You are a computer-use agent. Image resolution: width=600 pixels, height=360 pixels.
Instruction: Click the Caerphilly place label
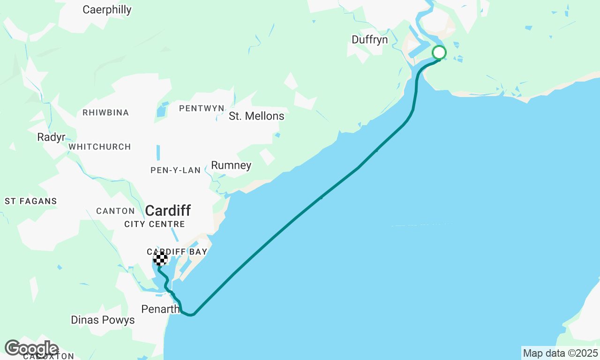107,10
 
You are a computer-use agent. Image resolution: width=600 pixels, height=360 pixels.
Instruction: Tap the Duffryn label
370,40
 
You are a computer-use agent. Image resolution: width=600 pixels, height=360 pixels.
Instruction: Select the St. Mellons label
256,116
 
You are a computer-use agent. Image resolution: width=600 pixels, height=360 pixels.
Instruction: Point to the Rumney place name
231,165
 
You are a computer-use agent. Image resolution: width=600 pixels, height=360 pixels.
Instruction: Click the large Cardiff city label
168,210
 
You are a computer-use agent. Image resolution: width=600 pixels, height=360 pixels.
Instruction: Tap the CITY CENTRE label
155,225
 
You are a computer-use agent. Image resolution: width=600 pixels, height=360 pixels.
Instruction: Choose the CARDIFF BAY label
177,252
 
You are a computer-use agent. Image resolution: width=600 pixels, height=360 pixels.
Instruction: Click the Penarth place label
160,309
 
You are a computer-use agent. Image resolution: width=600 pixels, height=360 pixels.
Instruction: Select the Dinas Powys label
103,320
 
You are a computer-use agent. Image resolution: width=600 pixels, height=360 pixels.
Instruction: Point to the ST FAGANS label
31,201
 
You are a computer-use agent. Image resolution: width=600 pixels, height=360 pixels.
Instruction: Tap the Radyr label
51,137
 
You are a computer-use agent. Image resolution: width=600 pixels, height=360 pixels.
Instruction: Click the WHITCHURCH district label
99,147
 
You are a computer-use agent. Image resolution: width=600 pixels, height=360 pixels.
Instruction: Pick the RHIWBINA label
105,112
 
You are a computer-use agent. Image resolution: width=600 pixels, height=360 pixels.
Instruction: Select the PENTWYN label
202,108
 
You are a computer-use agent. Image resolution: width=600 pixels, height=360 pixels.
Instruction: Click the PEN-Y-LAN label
175,170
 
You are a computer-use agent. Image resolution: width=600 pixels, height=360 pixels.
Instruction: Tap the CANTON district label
115,211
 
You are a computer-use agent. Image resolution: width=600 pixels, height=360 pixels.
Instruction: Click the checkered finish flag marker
161,259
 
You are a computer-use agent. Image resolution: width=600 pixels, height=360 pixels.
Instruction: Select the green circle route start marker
439,52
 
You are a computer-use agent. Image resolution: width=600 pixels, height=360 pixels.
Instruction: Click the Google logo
31,348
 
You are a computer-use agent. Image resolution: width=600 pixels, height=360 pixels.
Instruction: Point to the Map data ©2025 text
560,353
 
